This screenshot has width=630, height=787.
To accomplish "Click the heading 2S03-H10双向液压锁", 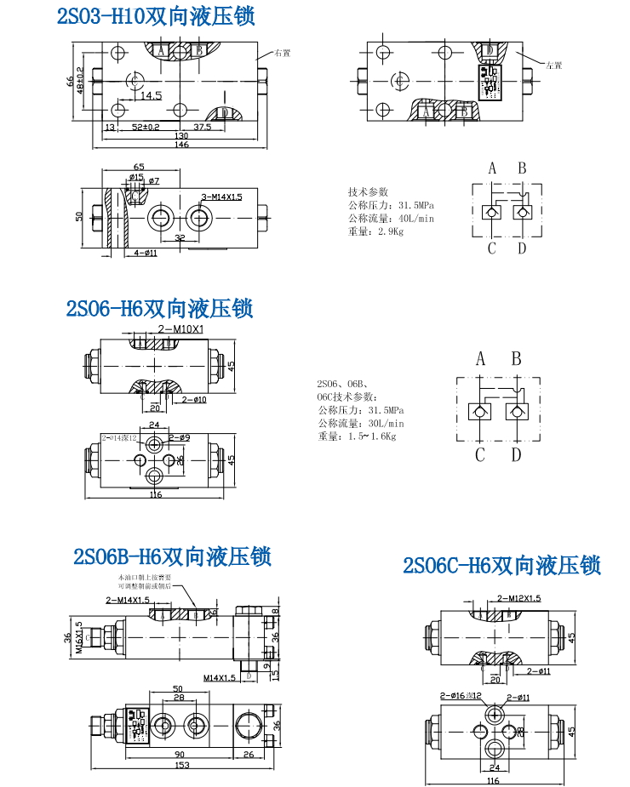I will [x=156, y=18].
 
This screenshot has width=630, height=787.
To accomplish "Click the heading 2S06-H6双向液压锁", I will [x=160, y=308].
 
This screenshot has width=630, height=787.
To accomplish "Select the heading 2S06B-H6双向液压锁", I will [x=172, y=557].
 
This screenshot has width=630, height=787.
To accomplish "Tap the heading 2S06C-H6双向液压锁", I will [x=502, y=566].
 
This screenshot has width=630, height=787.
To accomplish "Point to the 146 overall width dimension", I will [x=182, y=145].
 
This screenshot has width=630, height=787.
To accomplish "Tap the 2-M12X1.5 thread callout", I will [x=518, y=598].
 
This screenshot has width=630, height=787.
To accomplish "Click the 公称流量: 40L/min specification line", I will [x=391, y=219].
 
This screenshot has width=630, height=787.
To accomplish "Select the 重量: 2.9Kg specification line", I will [x=375, y=232].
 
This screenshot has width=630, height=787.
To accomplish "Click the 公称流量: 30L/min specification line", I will [x=360, y=423].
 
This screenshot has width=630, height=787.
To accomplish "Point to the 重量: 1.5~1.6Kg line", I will [x=357, y=436].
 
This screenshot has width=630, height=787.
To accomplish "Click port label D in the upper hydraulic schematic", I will [x=522, y=248].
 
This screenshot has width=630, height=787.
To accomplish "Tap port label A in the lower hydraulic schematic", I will [x=480, y=359].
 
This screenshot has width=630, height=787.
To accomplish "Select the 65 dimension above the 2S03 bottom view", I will [x=139, y=167].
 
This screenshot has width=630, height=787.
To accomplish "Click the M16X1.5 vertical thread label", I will [x=79, y=637].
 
